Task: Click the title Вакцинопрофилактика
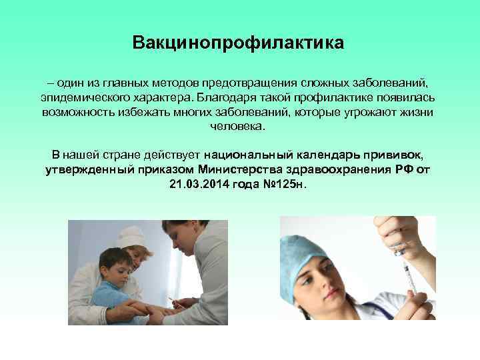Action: tap(239, 44)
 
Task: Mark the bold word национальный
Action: tap(246, 155)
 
